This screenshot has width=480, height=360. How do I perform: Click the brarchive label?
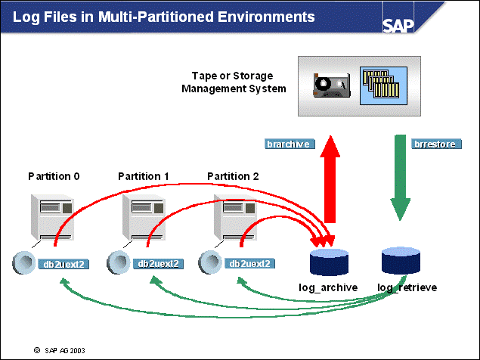[290, 144]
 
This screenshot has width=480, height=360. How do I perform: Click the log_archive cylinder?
[330, 262]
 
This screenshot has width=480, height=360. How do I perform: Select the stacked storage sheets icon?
[381, 83]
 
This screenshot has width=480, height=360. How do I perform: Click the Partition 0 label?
[54, 176]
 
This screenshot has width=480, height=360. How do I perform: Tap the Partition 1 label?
[144, 176]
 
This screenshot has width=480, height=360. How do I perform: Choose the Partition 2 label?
[233, 176]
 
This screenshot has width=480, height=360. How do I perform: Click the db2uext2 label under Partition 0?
[67, 263]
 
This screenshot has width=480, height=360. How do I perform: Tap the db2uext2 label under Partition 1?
[159, 263]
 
